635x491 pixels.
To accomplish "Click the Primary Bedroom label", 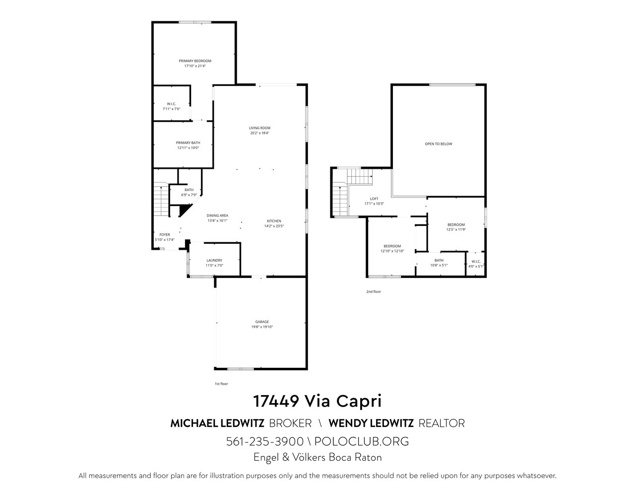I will [195, 61].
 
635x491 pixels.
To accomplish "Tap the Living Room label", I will [259, 128].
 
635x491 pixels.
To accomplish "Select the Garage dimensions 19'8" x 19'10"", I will [262, 327].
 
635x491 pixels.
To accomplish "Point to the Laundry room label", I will [214, 260].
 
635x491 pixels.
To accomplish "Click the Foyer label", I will [165, 235].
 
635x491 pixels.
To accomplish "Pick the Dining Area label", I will [217, 215].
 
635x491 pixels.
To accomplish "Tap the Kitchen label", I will [274, 221].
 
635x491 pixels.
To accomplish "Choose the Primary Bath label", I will [188, 143].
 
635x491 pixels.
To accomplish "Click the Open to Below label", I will [439, 144].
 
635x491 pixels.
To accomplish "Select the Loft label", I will [374, 199].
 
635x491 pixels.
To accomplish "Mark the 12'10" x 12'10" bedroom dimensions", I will [392, 251].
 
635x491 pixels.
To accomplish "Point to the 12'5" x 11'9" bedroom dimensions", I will [456, 229].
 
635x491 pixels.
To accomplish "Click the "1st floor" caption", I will [221, 384].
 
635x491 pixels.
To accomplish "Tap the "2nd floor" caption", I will [374, 292].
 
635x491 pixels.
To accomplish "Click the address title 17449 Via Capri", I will [317, 401].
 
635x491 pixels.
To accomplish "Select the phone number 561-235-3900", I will [264, 441].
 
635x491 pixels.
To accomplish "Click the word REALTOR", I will [442, 423].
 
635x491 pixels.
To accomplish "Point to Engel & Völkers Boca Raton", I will [317, 457].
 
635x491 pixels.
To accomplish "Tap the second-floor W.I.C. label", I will [476, 261].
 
